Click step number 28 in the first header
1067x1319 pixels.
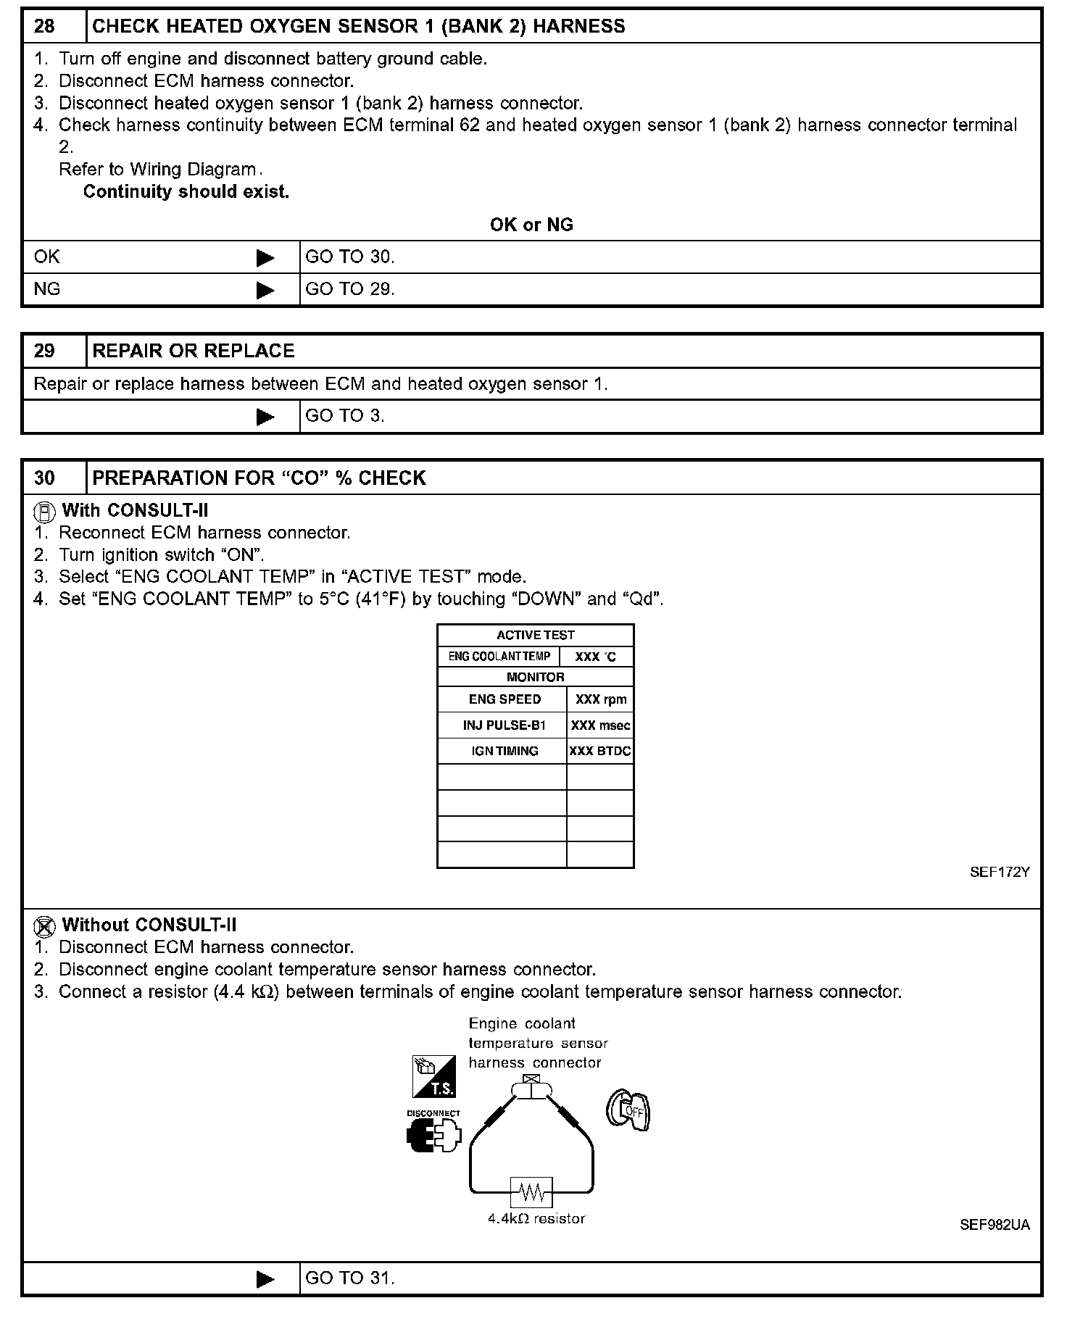pos(44,27)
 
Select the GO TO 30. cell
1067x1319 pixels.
pos(350,257)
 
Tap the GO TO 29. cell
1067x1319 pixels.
pos(350,289)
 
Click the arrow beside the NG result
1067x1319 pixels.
pos(265,290)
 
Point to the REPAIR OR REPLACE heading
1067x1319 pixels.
pos(194,351)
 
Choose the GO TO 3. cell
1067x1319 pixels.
pos(345,416)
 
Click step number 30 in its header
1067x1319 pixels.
pos(44,478)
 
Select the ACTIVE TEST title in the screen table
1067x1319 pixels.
pos(535,636)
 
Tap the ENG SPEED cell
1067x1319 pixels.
pos(505,699)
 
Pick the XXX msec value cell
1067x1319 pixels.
pos(600,725)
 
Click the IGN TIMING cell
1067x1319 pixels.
pos(505,752)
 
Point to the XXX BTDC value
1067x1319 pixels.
pos(600,752)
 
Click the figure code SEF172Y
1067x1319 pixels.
pos(1000,873)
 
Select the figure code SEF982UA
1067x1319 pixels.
pos(995,1226)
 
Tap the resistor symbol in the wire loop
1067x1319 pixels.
pos(533,1191)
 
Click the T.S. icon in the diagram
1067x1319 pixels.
pos(433,1077)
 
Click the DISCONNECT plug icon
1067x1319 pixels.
pos(433,1136)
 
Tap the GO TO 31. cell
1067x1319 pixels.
pos(350,1278)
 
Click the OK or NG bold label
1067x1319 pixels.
pos(531,225)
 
